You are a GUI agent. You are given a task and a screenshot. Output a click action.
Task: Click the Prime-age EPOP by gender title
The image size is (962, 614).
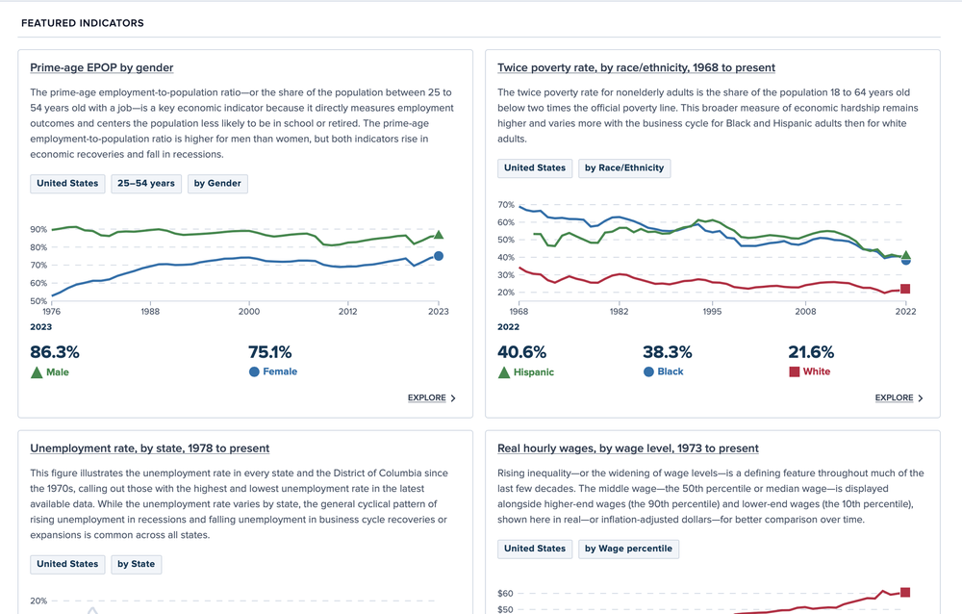pyautogui.click(x=102, y=67)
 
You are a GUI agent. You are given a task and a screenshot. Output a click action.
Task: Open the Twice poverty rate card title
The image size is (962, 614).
pyautogui.click(x=636, y=67)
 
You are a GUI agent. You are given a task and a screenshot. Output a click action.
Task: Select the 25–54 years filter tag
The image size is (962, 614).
pyautogui.click(x=146, y=183)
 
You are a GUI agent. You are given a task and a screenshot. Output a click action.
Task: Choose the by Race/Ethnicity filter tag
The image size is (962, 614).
pyautogui.click(x=623, y=167)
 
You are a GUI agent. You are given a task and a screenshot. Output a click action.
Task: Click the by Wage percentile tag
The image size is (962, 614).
pyautogui.click(x=629, y=549)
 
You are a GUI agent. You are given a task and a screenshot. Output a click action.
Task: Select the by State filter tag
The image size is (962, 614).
pyautogui.click(x=136, y=564)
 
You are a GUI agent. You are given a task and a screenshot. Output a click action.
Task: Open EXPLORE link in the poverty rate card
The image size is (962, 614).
pyautogui.click(x=899, y=397)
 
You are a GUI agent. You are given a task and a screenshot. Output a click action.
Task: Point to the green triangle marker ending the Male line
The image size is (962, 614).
pyautogui.click(x=439, y=234)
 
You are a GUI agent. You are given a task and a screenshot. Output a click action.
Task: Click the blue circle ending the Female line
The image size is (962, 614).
pyautogui.click(x=439, y=256)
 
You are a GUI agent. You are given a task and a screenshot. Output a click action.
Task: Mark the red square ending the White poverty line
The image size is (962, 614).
pyautogui.click(x=905, y=289)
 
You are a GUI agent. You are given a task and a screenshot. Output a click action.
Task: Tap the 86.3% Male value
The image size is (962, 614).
pyautogui.click(x=55, y=352)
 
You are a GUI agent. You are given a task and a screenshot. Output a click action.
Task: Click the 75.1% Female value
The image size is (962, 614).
pyautogui.click(x=270, y=352)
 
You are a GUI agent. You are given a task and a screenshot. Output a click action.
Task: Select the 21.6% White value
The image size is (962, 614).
pyautogui.click(x=811, y=352)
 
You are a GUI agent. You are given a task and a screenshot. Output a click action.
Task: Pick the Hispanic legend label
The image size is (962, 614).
pyautogui.click(x=535, y=371)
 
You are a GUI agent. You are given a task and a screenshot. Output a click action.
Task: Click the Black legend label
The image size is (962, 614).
pyautogui.click(x=670, y=371)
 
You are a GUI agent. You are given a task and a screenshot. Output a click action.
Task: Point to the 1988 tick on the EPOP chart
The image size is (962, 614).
pyautogui.click(x=150, y=312)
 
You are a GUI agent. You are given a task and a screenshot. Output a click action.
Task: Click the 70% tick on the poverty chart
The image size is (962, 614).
pyautogui.click(x=506, y=205)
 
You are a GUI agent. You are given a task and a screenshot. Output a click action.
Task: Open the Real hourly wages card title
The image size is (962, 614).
pyautogui.click(x=628, y=448)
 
